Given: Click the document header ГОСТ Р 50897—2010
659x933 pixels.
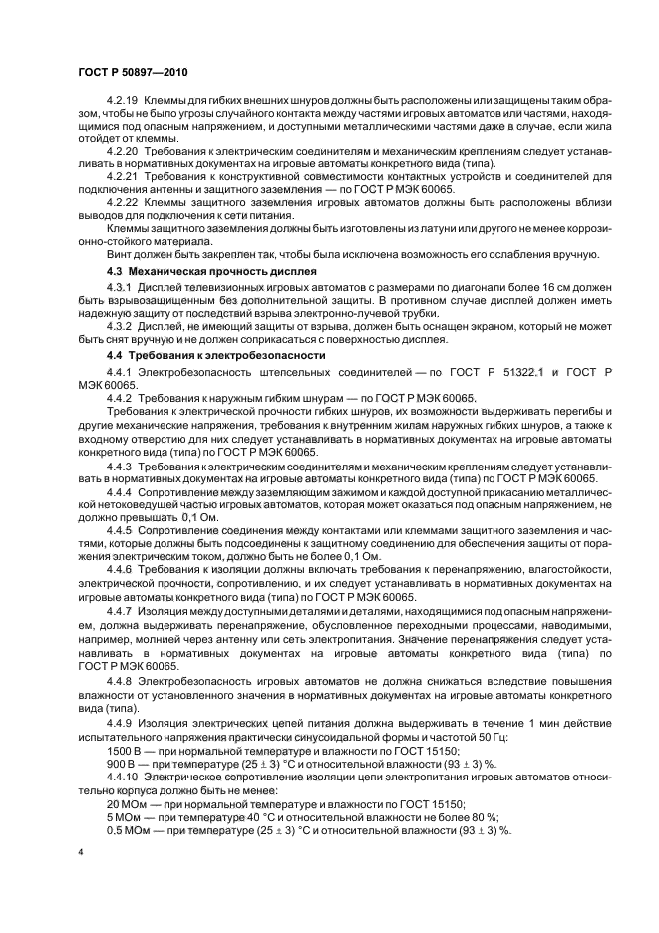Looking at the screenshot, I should pyautogui.click(x=132, y=75).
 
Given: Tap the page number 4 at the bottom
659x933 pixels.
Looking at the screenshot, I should pyautogui.click(x=78, y=853).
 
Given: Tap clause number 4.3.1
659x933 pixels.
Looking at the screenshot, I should pyautogui.click(x=119, y=287).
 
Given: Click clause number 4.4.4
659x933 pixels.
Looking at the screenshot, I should pyautogui.click(x=119, y=491).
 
